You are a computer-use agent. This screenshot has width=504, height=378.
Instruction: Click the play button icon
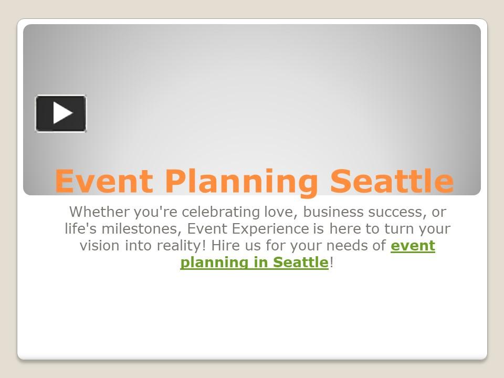click(61, 113)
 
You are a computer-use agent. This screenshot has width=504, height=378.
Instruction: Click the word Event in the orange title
click(103, 181)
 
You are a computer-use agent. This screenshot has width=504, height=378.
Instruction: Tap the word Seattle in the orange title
click(392, 181)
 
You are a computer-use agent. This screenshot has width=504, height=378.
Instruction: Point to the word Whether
click(92, 212)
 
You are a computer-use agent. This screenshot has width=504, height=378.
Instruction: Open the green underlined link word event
click(413, 246)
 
